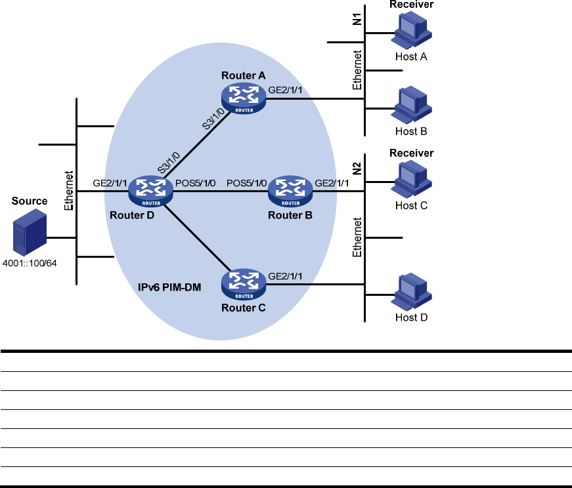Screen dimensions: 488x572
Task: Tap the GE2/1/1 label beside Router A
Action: pyautogui.click(x=286, y=90)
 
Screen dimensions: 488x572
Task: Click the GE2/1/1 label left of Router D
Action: pyautogui.click(x=108, y=183)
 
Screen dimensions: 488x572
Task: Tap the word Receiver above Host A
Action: pyautogui.click(x=412, y=5)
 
